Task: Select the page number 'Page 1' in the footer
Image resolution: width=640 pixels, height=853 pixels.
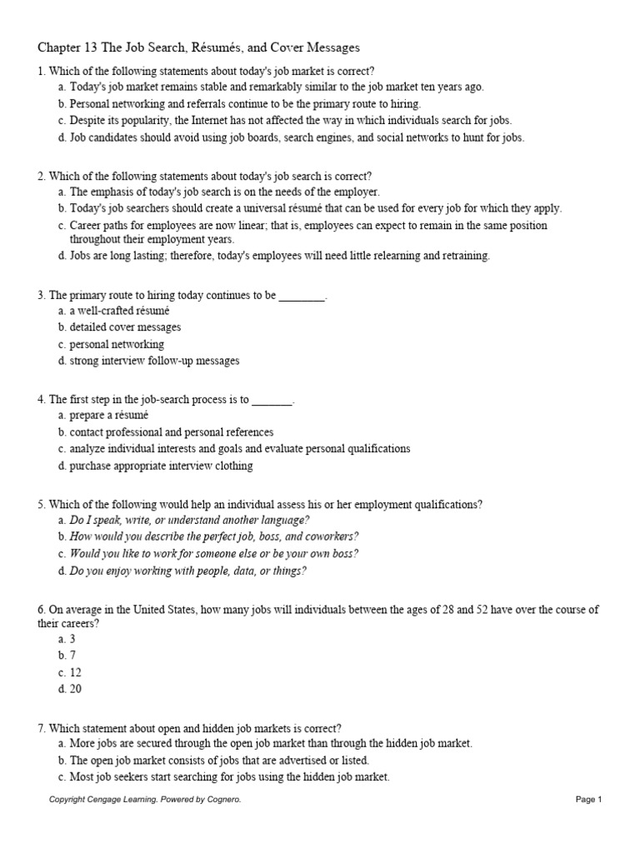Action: pyautogui.click(x=587, y=800)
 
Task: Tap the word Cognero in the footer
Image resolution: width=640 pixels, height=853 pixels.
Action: pyautogui.click(x=222, y=800)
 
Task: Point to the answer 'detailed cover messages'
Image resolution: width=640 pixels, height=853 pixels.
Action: pyautogui.click(x=125, y=327)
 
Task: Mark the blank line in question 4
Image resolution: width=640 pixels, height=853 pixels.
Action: pyautogui.click(x=272, y=399)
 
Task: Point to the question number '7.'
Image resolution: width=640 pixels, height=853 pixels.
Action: pyautogui.click(x=42, y=727)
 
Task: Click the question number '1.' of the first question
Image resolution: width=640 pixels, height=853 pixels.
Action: pyautogui.click(x=42, y=71)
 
